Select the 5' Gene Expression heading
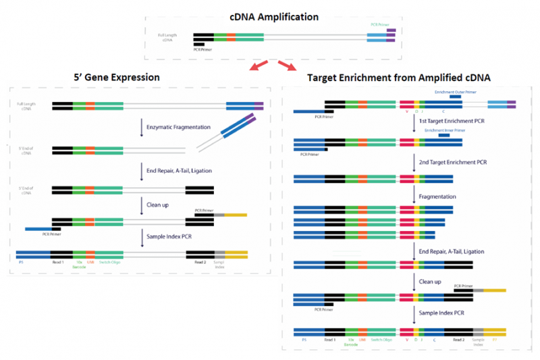point(118,77)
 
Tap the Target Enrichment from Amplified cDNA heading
point(399,78)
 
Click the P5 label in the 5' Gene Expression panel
point(22,261)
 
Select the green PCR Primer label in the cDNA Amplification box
point(379,25)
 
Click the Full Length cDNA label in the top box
point(165,37)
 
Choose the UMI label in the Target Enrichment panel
point(362,340)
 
